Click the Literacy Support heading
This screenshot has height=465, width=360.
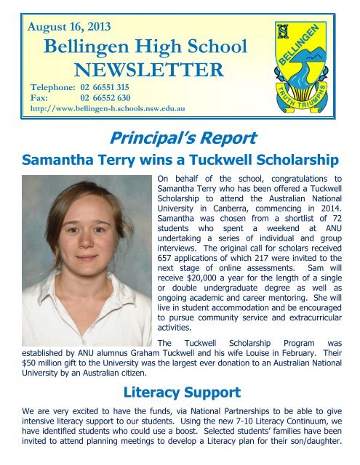(180, 394)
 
